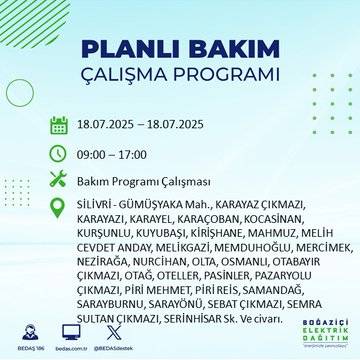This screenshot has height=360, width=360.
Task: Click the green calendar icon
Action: tap(59, 126)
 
